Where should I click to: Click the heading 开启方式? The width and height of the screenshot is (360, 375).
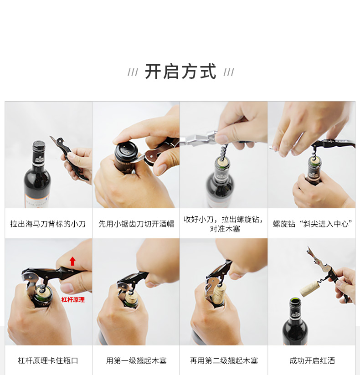[180, 71]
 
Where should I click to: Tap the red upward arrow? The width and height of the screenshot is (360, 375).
[72, 261]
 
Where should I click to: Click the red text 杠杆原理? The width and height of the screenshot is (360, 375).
[73, 300]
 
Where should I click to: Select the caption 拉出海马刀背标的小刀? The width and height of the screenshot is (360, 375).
[48, 224]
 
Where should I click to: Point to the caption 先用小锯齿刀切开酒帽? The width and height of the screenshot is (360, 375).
[136, 224]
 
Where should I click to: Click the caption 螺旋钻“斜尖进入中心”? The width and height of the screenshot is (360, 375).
[313, 224]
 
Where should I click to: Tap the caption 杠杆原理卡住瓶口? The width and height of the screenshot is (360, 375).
[48, 360]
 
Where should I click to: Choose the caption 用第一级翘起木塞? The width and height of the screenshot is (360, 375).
[136, 360]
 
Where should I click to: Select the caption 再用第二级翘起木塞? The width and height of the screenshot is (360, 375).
[224, 360]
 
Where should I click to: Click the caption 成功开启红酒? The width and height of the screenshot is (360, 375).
[312, 360]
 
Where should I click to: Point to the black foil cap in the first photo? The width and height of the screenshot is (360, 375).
[39, 146]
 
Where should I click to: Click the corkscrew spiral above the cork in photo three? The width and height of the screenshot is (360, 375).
[223, 151]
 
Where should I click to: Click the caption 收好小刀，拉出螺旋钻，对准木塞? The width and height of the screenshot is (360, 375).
[224, 224]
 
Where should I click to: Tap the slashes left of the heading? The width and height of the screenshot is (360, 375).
[133, 72]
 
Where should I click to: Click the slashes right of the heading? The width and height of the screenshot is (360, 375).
[229, 72]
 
